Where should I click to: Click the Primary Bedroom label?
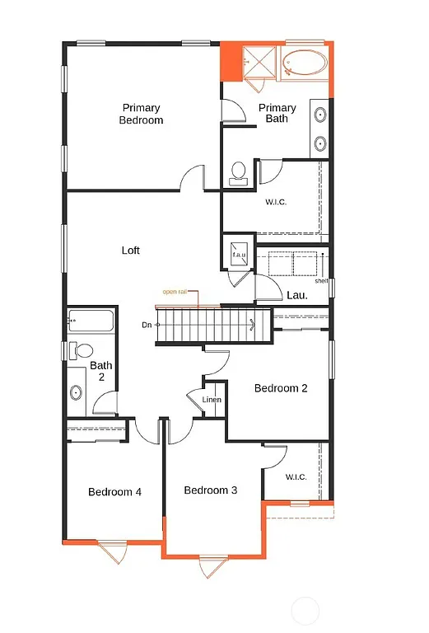142,114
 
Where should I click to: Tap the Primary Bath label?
277,114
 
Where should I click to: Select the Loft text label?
131,251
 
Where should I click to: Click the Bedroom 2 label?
281,388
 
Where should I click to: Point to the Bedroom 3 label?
211,490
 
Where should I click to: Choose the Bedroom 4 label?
115,492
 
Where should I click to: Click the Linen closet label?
212,400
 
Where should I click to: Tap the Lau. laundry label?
297,293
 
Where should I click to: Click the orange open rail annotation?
175,292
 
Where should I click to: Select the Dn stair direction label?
147,325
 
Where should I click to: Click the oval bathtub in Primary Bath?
304,63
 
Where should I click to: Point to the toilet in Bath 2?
82,350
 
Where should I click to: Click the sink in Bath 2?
77,392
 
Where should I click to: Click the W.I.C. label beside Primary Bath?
276,202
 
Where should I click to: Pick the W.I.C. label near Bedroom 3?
296,476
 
